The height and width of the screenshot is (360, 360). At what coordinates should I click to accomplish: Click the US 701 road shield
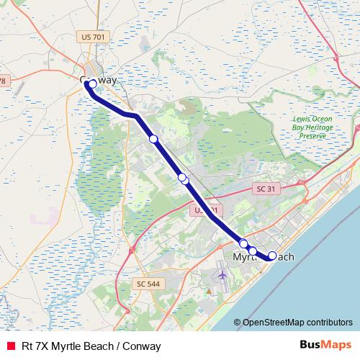(94, 36)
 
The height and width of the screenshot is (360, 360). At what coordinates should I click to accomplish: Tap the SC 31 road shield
(266, 189)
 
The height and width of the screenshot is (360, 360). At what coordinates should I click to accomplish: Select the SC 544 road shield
(148, 284)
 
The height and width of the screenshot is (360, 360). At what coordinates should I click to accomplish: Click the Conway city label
(98, 80)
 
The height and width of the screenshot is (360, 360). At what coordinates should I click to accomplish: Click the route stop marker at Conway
(91, 84)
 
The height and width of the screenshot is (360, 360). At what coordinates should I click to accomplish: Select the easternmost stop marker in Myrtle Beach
(272, 255)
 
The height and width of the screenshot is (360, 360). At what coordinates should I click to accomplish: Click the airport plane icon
(221, 276)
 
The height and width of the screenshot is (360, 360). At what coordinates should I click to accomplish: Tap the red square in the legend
(11, 346)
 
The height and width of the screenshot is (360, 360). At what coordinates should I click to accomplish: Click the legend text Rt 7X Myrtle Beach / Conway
(91, 346)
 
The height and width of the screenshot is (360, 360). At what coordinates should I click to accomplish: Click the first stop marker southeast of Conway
(153, 139)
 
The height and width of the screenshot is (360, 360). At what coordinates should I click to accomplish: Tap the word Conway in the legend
(142, 346)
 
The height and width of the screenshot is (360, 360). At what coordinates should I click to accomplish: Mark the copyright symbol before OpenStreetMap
(237, 323)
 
